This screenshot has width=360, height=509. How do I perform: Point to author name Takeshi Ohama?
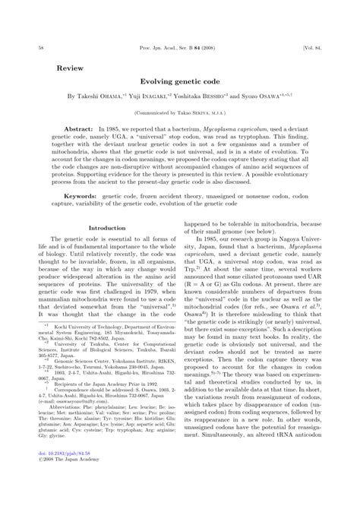click(107, 97)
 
